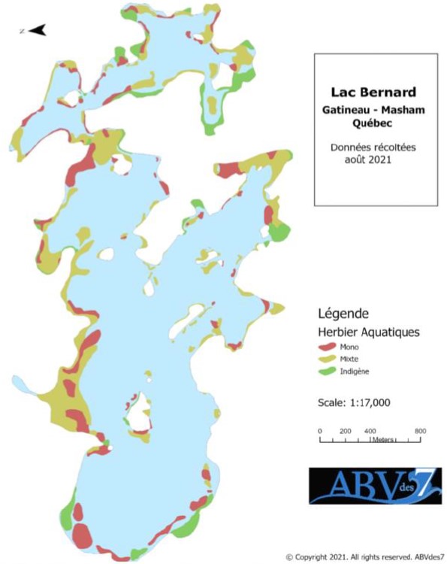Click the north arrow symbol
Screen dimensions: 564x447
point(35,30)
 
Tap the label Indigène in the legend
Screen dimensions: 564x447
point(356,371)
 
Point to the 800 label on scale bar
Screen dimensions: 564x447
point(420,430)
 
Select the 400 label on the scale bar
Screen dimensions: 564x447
point(370,430)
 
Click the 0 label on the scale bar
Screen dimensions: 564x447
point(320,430)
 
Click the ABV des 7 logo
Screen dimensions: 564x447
point(375,486)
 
